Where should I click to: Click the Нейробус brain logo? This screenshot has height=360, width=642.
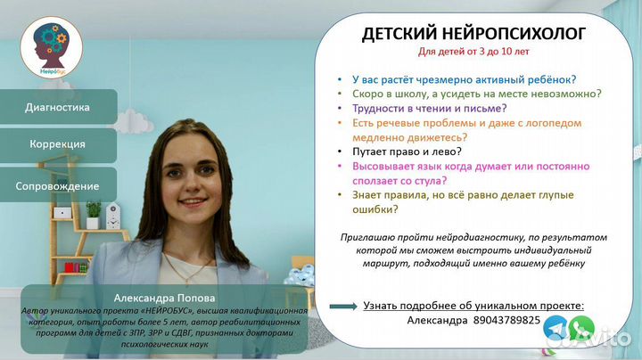[52, 47]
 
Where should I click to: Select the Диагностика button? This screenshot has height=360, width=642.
[58, 107]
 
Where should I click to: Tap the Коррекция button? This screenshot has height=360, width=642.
[58, 144]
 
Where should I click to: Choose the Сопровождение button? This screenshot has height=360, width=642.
[58, 185]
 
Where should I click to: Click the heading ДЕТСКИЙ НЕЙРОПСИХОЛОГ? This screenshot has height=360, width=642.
[473, 34]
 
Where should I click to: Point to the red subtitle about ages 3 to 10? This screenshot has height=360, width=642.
[473, 52]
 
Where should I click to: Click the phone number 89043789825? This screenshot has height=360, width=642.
[506, 320]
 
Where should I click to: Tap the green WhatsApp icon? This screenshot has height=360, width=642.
[581, 328]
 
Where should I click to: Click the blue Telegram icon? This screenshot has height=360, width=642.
[556, 327]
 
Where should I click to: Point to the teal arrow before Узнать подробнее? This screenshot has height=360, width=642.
[343, 307]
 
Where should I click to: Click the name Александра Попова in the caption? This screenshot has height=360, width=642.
[164, 298]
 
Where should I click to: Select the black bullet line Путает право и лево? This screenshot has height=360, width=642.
[407, 151]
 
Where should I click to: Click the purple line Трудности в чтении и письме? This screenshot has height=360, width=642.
[430, 109]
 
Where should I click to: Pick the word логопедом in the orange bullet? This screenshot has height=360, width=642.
[553, 123]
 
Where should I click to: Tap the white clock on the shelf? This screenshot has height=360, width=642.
[113, 216]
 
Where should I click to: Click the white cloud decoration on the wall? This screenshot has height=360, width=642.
[128, 120]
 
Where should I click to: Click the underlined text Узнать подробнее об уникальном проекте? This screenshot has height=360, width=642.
[473, 306]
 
